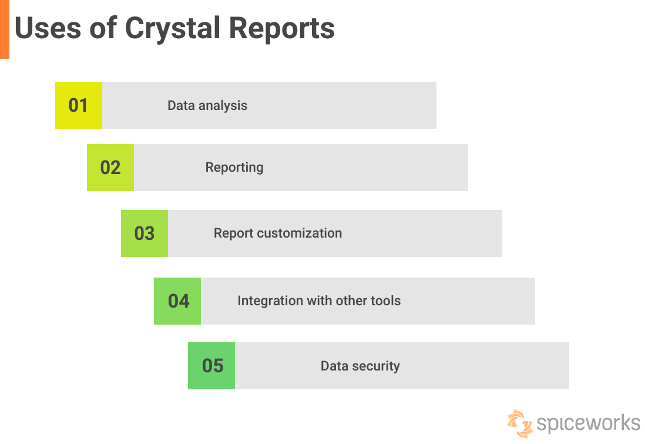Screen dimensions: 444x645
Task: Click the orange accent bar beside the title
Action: (4, 29)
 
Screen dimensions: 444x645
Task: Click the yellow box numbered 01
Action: (78, 105)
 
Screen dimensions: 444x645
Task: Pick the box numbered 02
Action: (110, 168)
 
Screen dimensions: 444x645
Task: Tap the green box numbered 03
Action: (144, 233)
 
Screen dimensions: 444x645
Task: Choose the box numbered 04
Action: (177, 301)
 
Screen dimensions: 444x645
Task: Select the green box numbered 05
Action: (211, 366)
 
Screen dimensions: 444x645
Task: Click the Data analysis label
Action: (207, 106)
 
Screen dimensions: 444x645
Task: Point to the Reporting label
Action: (234, 168)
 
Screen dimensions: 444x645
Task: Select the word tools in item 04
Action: (385, 301)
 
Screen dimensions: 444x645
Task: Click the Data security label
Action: (360, 366)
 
